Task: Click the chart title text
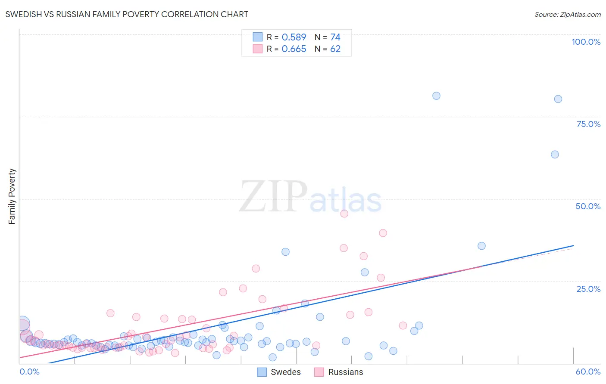click(127, 14)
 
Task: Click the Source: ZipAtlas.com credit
click(567, 14)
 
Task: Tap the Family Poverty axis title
click(12, 196)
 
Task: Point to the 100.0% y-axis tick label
click(586, 42)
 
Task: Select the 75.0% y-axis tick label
click(588, 124)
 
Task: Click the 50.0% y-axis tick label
click(588, 206)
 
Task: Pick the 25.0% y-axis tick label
click(588, 289)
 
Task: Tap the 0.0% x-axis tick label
click(29, 372)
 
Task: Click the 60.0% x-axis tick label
click(588, 372)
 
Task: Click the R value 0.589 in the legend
click(294, 37)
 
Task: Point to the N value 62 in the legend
click(335, 49)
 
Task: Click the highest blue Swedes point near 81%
click(436, 96)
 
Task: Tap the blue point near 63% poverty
click(555, 155)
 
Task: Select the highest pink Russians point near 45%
click(344, 214)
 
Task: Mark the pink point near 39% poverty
click(383, 233)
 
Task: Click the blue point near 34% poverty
click(285, 252)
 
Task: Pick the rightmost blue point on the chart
click(558, 99)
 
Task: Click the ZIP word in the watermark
click(273, 197)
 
